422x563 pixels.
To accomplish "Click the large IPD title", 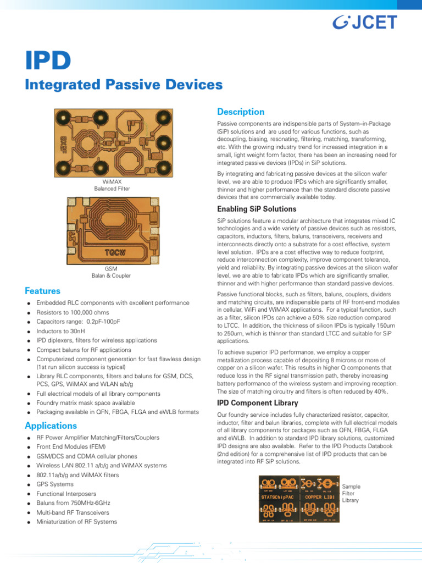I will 48,61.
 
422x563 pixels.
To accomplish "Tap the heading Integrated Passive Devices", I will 124,85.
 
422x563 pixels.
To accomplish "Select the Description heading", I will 241,112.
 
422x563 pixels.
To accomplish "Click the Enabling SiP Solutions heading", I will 257,209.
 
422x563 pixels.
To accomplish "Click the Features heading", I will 43,291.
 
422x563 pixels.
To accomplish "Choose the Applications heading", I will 51,426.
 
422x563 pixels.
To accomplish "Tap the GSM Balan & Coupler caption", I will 111,272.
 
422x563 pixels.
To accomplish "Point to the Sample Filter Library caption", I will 352,494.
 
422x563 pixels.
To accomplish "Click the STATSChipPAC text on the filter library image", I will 278,497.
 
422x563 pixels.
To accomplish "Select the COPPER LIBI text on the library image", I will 320,497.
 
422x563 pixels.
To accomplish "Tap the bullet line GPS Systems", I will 54,484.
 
